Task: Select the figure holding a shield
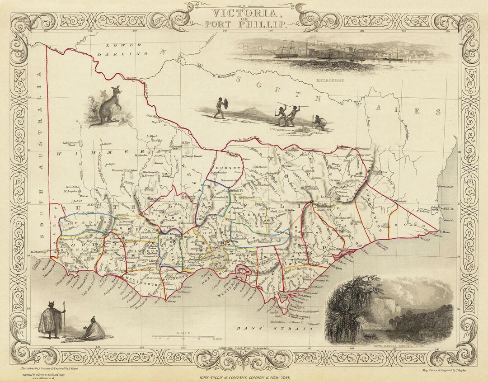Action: pos(221,108)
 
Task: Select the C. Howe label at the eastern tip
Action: pos(446,233)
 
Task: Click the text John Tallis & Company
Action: pos(244,377)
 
